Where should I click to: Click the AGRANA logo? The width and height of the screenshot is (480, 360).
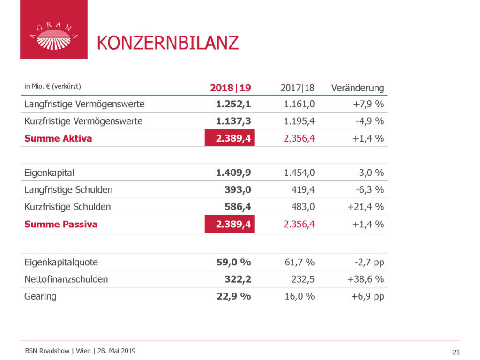[x=53, y=30]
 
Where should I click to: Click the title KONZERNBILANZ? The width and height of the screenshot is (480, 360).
[x=167, y=43]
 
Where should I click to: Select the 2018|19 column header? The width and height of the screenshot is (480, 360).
[x=231, y=88]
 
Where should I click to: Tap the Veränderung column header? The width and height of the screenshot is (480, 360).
[x=357, y=88]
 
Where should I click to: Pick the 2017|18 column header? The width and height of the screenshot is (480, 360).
[x=298, y=88]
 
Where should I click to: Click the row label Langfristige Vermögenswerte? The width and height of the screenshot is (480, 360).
[x=84, y=104]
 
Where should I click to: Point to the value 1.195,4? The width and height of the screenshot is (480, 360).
[x=300, y=121]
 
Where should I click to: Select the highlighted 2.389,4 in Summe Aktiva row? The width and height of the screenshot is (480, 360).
[x=230, y=138]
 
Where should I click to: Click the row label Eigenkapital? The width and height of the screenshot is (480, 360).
[x=49, y=172]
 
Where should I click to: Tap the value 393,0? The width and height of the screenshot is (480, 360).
[x=238, y=190]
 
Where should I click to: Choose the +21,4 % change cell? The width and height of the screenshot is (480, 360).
[x=365, y=207]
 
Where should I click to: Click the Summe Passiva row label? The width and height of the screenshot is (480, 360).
[x=61, y=224]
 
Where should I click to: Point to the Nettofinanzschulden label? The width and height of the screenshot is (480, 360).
[x=66, y=279]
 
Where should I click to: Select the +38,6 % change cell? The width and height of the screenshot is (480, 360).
[x=365, y=279]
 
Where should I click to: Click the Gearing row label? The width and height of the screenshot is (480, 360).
[x=40, y=296]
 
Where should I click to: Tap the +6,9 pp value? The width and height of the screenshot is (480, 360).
[x=367, y=296]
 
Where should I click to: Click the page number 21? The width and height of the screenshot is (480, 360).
[x=456, y=352]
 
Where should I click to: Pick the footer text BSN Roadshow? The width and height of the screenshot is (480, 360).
[x=47, y=351]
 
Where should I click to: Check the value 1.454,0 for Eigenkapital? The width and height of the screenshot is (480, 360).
[x=300, y=172]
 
